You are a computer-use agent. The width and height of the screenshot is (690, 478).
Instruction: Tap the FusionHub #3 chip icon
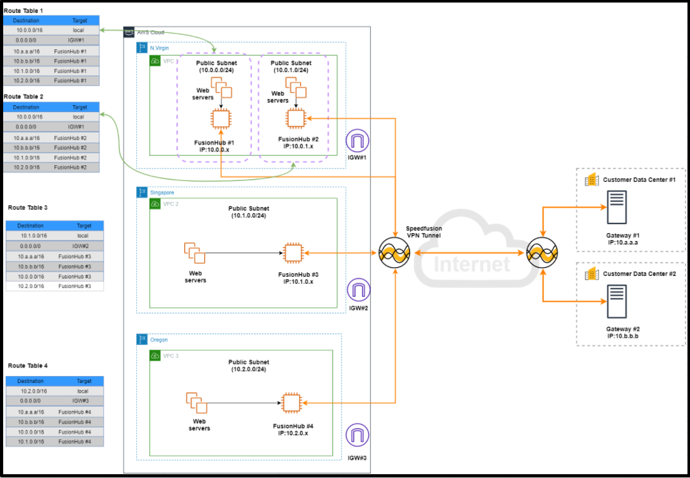292,253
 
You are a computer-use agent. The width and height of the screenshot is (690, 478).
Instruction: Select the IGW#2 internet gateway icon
358,291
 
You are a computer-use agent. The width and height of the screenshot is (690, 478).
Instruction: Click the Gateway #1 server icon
616,208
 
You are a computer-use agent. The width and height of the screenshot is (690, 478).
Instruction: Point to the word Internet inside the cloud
472,264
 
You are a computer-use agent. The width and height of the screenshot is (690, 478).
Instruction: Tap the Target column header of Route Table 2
79,107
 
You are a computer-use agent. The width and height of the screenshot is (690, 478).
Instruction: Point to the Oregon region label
159,340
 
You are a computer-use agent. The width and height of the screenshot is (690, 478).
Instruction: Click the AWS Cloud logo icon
129,33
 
